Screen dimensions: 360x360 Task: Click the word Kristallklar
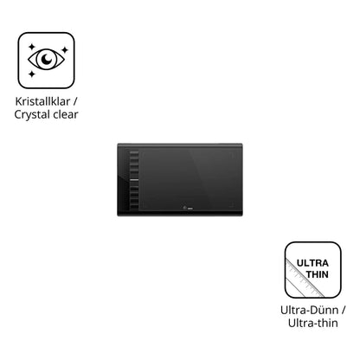click(42, 101)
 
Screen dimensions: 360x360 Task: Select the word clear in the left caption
click(66, 114)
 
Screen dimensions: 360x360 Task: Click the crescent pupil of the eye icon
click(47, 59)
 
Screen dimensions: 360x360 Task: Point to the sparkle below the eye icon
click(32, 74)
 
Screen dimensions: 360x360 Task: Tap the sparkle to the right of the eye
click(65, 50)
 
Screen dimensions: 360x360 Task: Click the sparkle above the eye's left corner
click(31, 47)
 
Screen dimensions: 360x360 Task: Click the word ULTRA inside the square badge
click(312, 263)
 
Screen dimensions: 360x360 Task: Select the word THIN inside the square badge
click(318, 274)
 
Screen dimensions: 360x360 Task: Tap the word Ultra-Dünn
click(309, 310)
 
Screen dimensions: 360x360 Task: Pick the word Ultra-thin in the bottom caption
click(313, 323)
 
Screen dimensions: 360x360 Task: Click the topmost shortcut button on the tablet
click(134, 153)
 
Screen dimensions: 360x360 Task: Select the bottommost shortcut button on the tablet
click(134, 207)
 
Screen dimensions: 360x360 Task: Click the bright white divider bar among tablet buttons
click(134, 180)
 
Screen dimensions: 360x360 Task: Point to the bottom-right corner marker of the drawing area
click(232, 205)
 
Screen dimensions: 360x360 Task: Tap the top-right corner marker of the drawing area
click(231, 156)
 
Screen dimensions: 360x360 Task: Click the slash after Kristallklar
click(75, 102)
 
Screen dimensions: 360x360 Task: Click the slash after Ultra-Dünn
click(343, 311)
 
